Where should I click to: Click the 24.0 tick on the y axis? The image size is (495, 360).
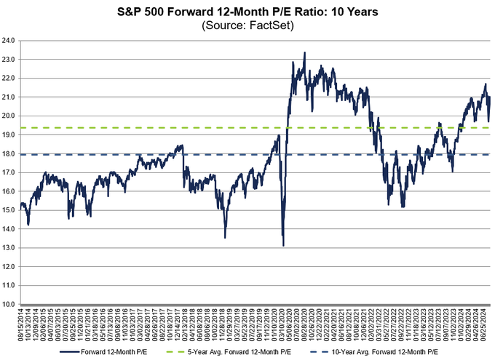pyautogui.click(x=9, y=41)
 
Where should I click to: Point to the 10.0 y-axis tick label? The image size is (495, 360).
pyautogui.click(x=9, y=304)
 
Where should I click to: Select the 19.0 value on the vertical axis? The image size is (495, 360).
pyautogui.click(x=9, y=135)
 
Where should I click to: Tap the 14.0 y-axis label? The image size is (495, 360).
pyautogui.click(x=9, y=229)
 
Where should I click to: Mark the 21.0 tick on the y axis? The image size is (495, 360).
pyautogui.click(x=9, y=97)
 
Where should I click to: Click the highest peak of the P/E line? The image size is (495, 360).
pyautogui.click(x=304, y=52)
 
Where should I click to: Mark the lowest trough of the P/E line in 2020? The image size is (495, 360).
pyautogui.click(x=283, y=245)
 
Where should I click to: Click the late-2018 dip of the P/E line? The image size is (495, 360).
pyautogui.click(x=225, y=237)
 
